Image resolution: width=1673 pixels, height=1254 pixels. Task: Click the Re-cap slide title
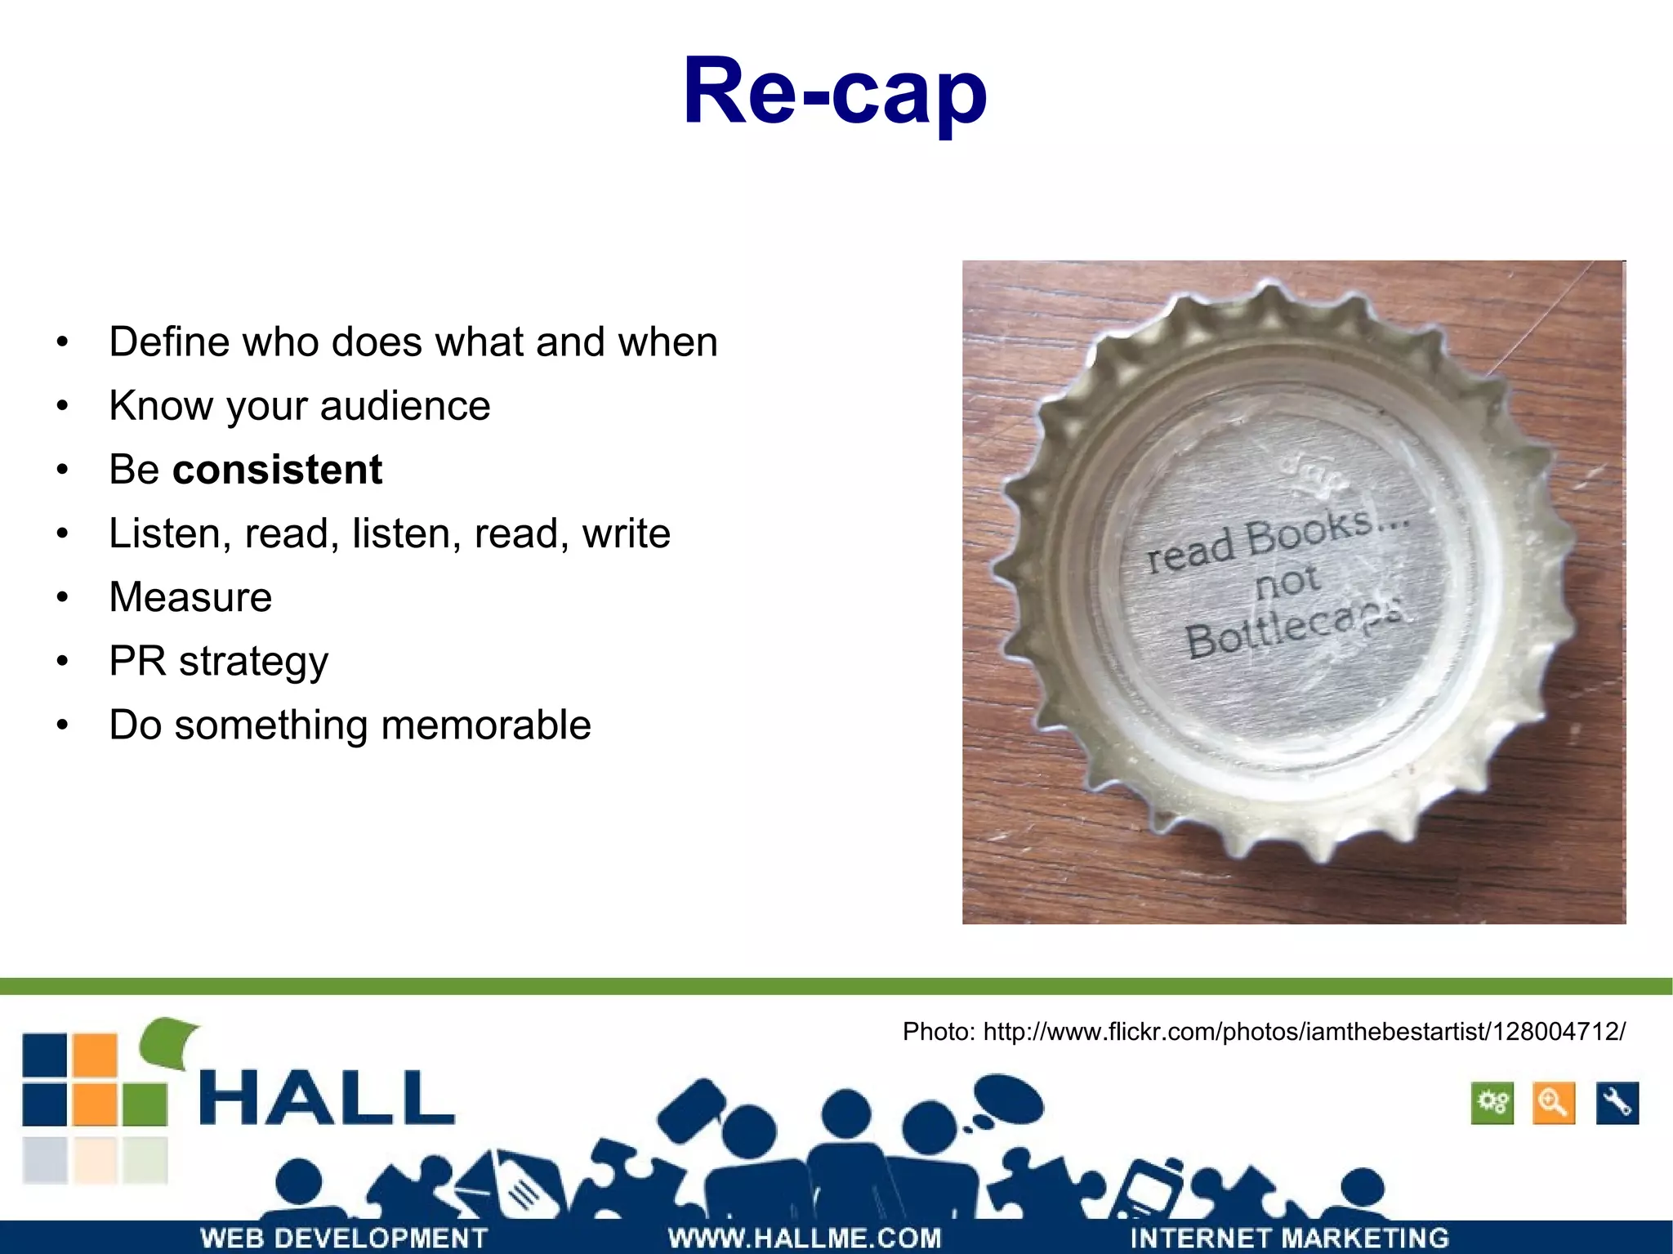pos(835,91)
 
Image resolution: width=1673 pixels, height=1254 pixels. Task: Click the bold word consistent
pos(277,470)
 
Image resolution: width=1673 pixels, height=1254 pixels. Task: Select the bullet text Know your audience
pos(299,406)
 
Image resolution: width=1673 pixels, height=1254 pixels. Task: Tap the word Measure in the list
pos(190,597)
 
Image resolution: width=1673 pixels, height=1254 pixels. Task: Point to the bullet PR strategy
pos(218,661)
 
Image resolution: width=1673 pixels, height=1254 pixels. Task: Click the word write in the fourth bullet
pos(626,533)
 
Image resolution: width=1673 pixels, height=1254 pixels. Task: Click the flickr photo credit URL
pos(1304,1032)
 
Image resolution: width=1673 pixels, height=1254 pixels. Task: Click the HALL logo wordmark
pos(327,1099)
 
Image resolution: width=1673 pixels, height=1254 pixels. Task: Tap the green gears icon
pos(1492,1104)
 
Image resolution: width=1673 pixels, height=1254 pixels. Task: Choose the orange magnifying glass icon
pos(1553,1104)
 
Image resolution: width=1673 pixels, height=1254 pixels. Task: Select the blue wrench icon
pos(1617,1104)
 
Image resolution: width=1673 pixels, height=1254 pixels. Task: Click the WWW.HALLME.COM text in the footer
pos(805,1238)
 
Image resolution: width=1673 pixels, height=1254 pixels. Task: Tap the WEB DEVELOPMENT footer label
pos(344,1238)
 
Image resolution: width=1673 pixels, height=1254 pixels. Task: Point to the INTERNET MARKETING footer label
pos(1289,1238)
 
